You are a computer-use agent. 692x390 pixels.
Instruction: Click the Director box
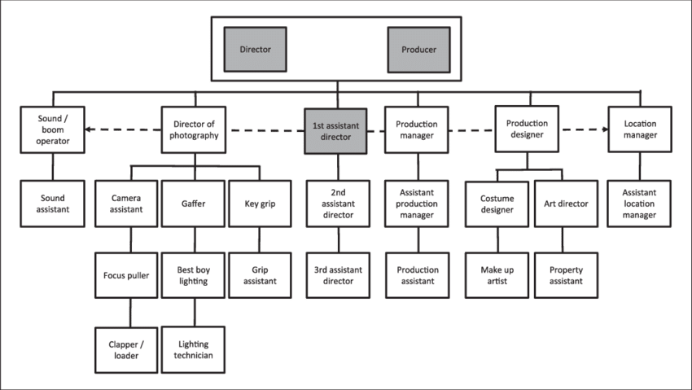click(255, 50)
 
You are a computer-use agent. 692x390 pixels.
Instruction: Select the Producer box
click(418, 50)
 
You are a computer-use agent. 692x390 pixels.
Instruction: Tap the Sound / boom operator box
click(53, 129)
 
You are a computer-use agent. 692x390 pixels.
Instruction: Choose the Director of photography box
click(195, 129)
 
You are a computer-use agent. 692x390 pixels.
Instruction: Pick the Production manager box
click(416, 129)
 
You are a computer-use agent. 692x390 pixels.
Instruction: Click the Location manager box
click(640, 129)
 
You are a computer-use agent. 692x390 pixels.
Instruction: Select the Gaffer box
click(194, 204)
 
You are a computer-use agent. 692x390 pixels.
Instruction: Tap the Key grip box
click(258, 204)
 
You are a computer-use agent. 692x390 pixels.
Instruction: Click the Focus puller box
click(126, 275)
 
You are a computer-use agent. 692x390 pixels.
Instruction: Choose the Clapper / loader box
click(126, 349)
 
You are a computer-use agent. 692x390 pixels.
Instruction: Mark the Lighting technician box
click(194, 349)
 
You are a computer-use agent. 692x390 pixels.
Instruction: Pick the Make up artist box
click(497, 275)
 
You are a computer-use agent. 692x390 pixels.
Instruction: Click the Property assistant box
click(566, 275)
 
